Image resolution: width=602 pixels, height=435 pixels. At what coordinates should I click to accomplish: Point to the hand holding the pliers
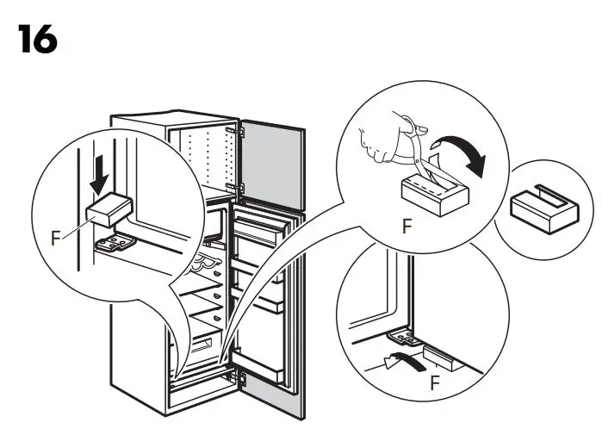tap(380, 137)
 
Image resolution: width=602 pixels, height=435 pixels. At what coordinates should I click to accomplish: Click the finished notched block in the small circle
tap(541, 207)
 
